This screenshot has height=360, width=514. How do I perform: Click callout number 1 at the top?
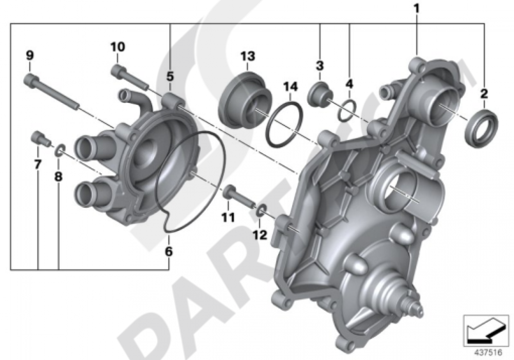coord(417,9)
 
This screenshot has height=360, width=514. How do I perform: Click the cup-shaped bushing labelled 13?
coord(246,99)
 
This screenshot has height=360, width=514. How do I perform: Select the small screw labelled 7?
coord(40,137)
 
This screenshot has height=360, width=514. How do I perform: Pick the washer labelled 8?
coord(60,150)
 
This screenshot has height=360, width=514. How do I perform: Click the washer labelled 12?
coord(261,210)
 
